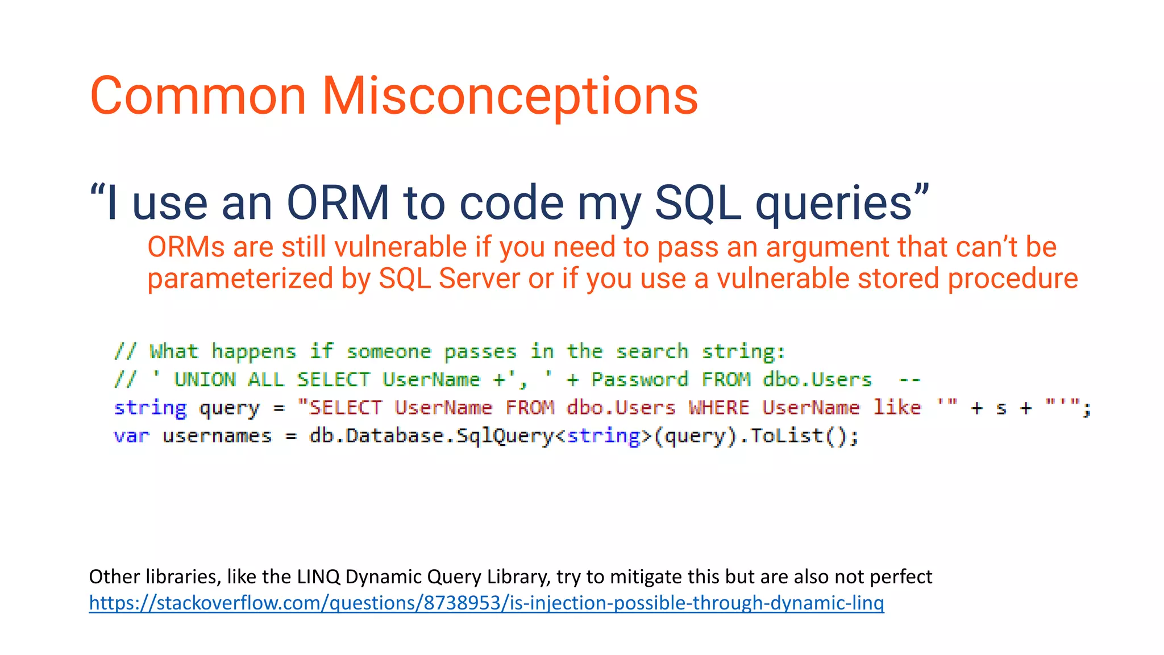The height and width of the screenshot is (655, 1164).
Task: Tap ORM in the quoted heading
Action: point(338,203)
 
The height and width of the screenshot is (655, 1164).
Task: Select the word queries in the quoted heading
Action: point(834,203)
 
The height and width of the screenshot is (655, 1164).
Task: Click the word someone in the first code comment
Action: point(389,352)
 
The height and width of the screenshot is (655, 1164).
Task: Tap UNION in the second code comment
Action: point(205,379)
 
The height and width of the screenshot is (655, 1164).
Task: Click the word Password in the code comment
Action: point(639,379)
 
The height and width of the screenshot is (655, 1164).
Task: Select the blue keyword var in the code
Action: point(131,436)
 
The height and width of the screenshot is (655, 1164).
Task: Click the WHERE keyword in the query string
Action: point(719,408)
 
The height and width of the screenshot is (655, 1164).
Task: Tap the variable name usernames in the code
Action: point(217,436)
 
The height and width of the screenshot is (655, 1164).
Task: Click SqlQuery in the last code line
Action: point(505,436)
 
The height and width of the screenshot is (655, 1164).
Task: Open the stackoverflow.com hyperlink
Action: point(486,603)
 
